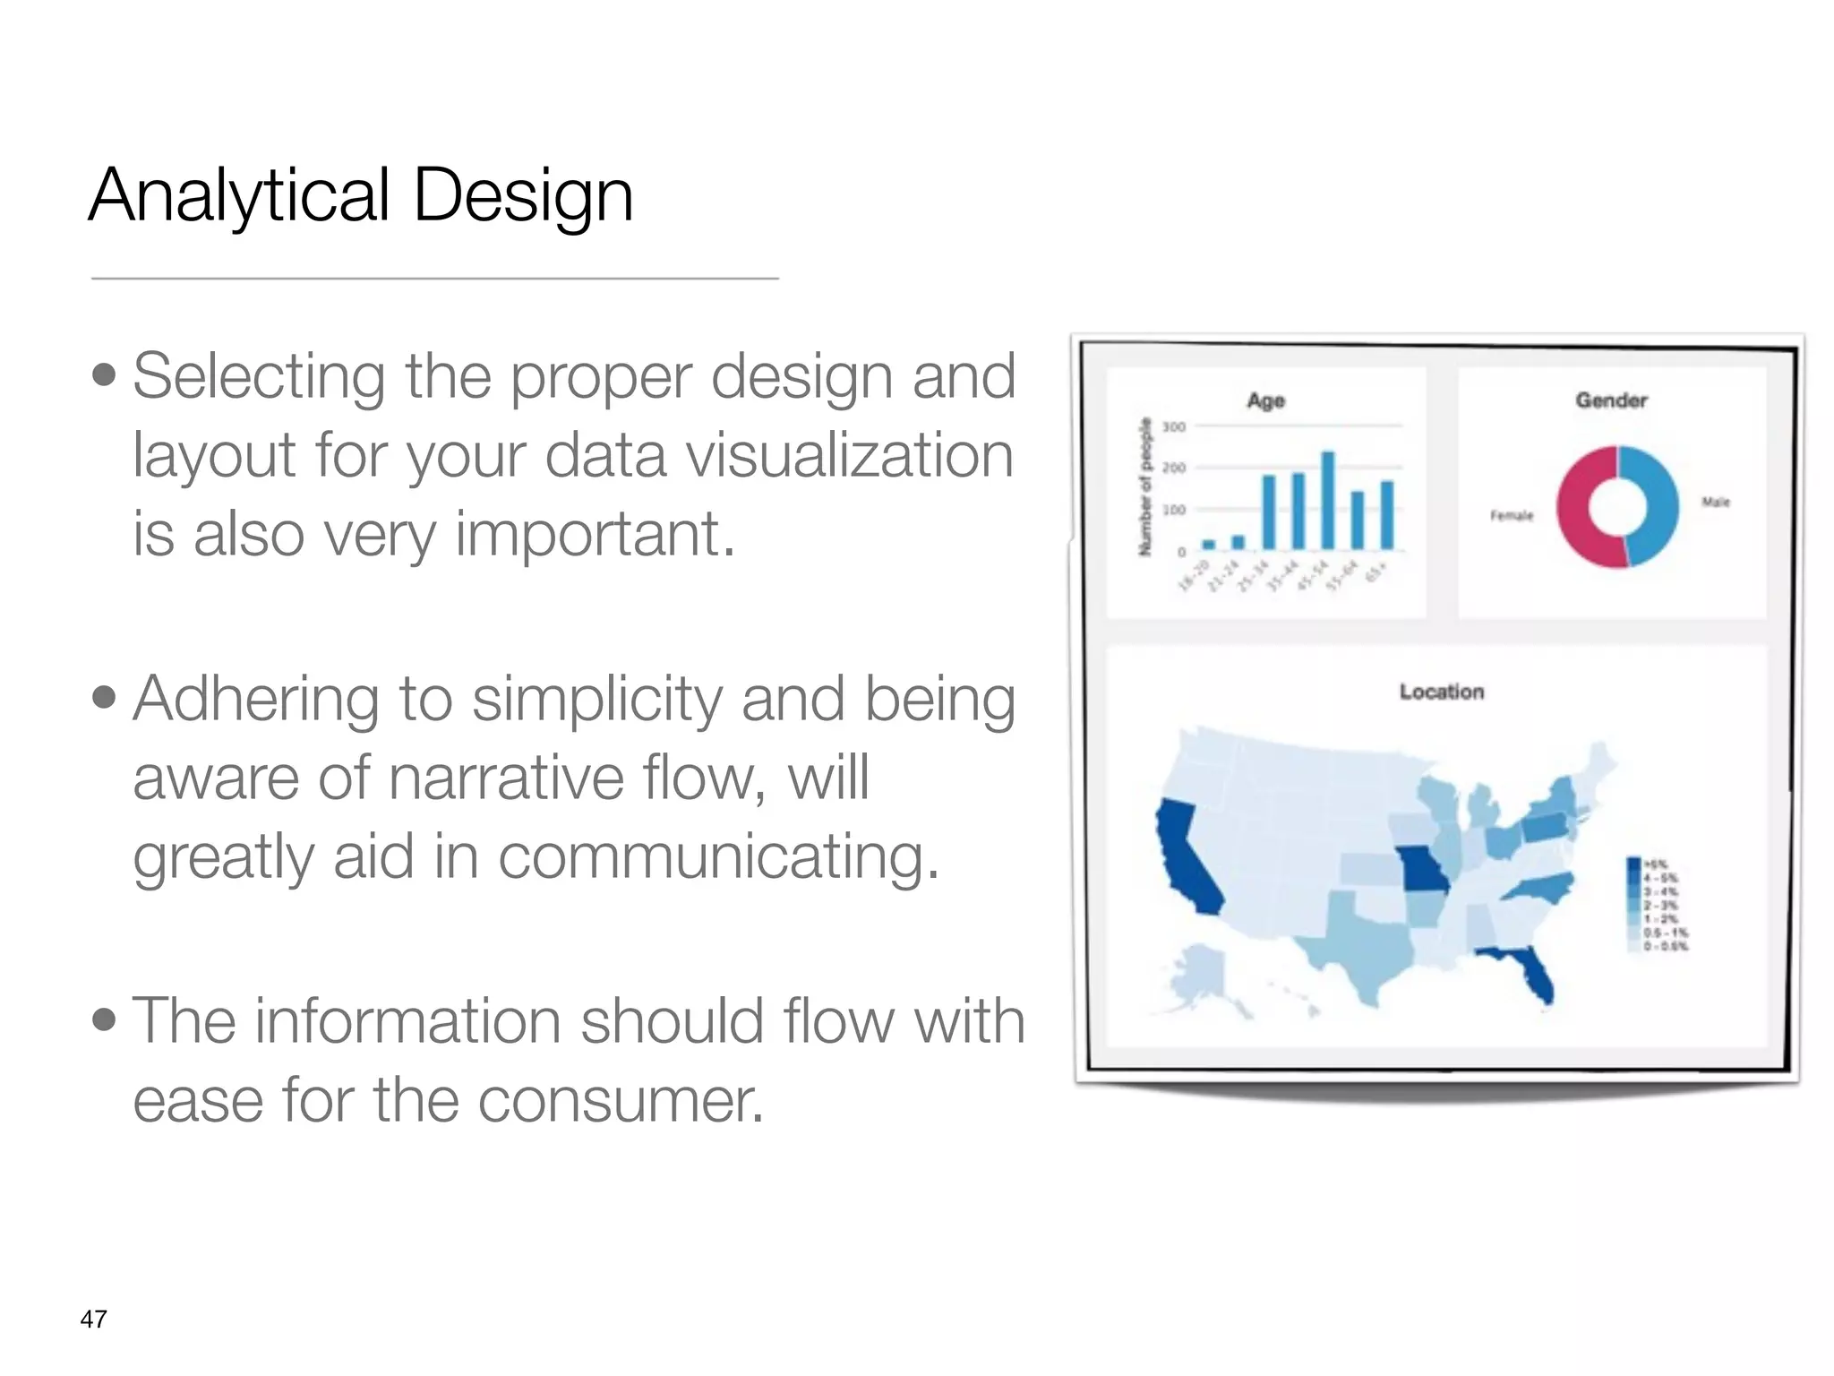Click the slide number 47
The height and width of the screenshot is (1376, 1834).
(94, 1319)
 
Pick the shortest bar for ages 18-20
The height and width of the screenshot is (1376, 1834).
(1208, 544)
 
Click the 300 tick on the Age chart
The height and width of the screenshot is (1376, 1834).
(1173, 426)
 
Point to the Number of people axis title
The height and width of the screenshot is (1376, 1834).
(1144, 486)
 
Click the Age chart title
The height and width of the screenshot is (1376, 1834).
(1265, 400)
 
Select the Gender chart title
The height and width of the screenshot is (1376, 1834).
(1611, 400)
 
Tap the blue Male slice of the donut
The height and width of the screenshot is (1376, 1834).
(1657, 506)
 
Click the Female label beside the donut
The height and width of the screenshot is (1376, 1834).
(1512, 515)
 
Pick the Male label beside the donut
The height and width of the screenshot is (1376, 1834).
(1716, 503)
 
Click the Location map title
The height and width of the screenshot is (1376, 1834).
(1442, 692)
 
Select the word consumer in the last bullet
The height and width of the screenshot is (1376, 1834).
(620, 1100)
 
